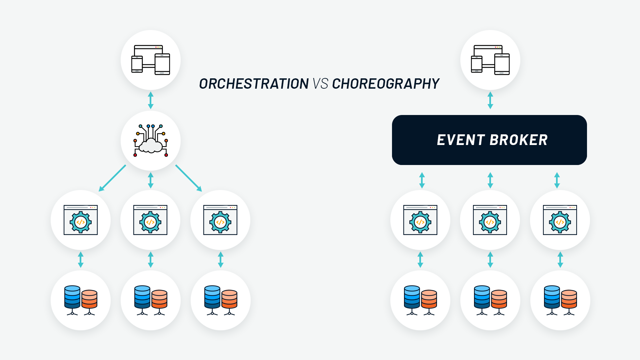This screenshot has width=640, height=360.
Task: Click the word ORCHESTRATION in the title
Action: (x=254, y=84)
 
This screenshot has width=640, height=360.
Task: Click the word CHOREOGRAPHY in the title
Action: (x=386, y=84)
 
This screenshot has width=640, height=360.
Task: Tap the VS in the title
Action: (x=320, y=84)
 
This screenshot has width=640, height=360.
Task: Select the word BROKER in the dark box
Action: (x=519, y=140)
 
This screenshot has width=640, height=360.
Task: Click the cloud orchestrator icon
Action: (x=151, y=141)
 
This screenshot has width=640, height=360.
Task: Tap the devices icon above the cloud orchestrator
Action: (x=151, y=60)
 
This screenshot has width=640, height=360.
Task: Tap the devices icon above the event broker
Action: (x=490, y=60)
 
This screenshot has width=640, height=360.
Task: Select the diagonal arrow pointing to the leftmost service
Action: (x=112, y=178)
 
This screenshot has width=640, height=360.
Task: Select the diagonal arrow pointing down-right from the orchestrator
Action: (x=189, y=178)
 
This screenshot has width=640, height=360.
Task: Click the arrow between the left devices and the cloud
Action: (x=151, y=100)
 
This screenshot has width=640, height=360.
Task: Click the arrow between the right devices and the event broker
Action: (x=490, y=100)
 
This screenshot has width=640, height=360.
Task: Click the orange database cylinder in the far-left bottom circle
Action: (x=89, y=299)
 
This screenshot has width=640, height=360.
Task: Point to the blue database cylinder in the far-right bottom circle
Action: (x=552, y=297)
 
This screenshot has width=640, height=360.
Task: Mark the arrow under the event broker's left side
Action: (x=422, y=180)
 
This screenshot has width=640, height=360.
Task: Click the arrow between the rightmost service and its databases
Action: (x=560, y=260)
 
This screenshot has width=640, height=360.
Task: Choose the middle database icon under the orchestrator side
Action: (x=151, y=300)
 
